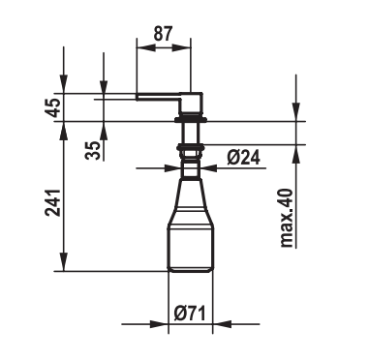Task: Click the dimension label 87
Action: pyautogui.click(x=163, y=34)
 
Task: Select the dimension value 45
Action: pyautogui.click(x=52, y=107)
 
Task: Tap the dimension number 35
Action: pyautogui.click(x=93, y=151)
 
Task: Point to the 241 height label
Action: pyautogui.click(x=53, y=202)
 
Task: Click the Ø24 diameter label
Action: pyautogui.click(x=243, y=158)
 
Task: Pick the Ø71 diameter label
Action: pyautogui.click(x=190, y=313)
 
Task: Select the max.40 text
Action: pyautogui.click(x=287, y=219)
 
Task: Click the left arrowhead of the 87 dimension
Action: pyautogui.click(x=146, y=47)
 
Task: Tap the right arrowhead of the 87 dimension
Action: pyautogui.click(x=181, y=47)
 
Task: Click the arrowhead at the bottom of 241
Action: pyautogui.click(x=64, y=261)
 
